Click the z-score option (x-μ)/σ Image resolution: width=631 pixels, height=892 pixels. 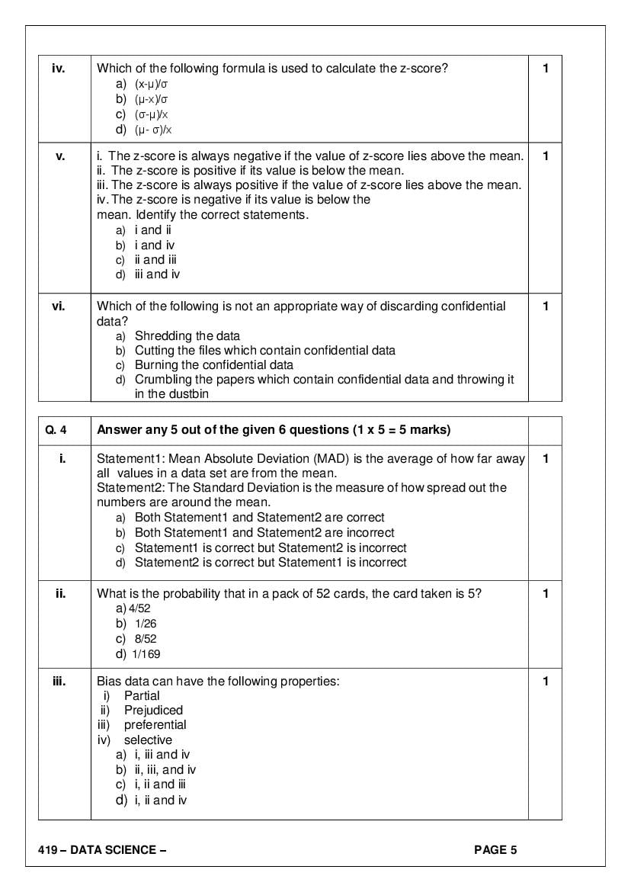coord(151,84)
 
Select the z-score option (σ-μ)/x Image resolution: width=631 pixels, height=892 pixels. coord(152,114)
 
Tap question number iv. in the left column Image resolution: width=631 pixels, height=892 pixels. coord(59,69)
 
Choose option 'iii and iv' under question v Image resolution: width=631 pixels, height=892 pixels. coord(157,274)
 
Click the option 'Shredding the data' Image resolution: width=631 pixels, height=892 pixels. coord(187,335)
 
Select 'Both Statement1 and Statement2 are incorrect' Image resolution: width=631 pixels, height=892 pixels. coord(264,532)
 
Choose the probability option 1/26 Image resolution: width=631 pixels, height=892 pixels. coord(145,624)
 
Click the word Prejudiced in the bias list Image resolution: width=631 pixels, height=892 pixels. coord(153,710)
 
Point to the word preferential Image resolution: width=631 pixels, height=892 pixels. coord(155,724)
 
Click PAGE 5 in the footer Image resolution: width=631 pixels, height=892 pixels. coord(495,850)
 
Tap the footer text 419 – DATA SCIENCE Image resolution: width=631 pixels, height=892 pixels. coord(101,850)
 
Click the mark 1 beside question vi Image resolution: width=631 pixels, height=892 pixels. coord(546,306)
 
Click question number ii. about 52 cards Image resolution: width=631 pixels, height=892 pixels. coord(60,594)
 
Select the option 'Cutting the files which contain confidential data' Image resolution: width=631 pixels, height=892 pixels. coord(264,350)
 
